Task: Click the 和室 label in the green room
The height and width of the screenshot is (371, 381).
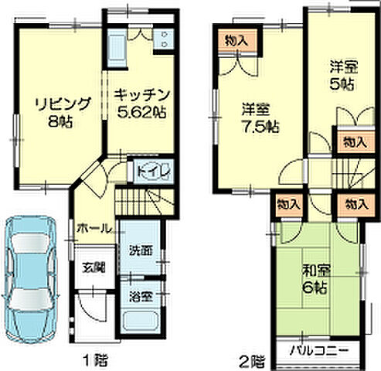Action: click(311, 271)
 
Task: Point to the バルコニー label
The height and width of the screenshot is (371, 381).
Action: click(318, 350)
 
